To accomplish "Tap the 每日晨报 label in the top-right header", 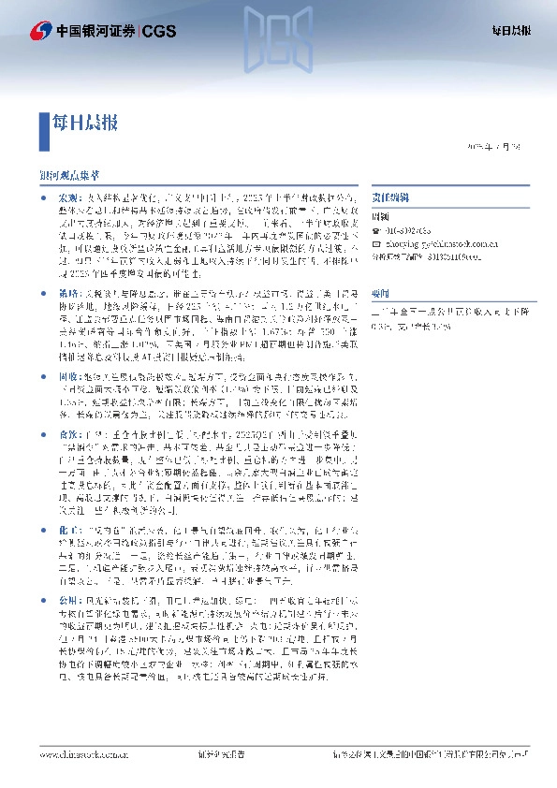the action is point(511,31).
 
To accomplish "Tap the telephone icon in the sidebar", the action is point(377,229).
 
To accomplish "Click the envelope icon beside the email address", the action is point(377,241).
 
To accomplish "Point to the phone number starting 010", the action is point(411,229).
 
